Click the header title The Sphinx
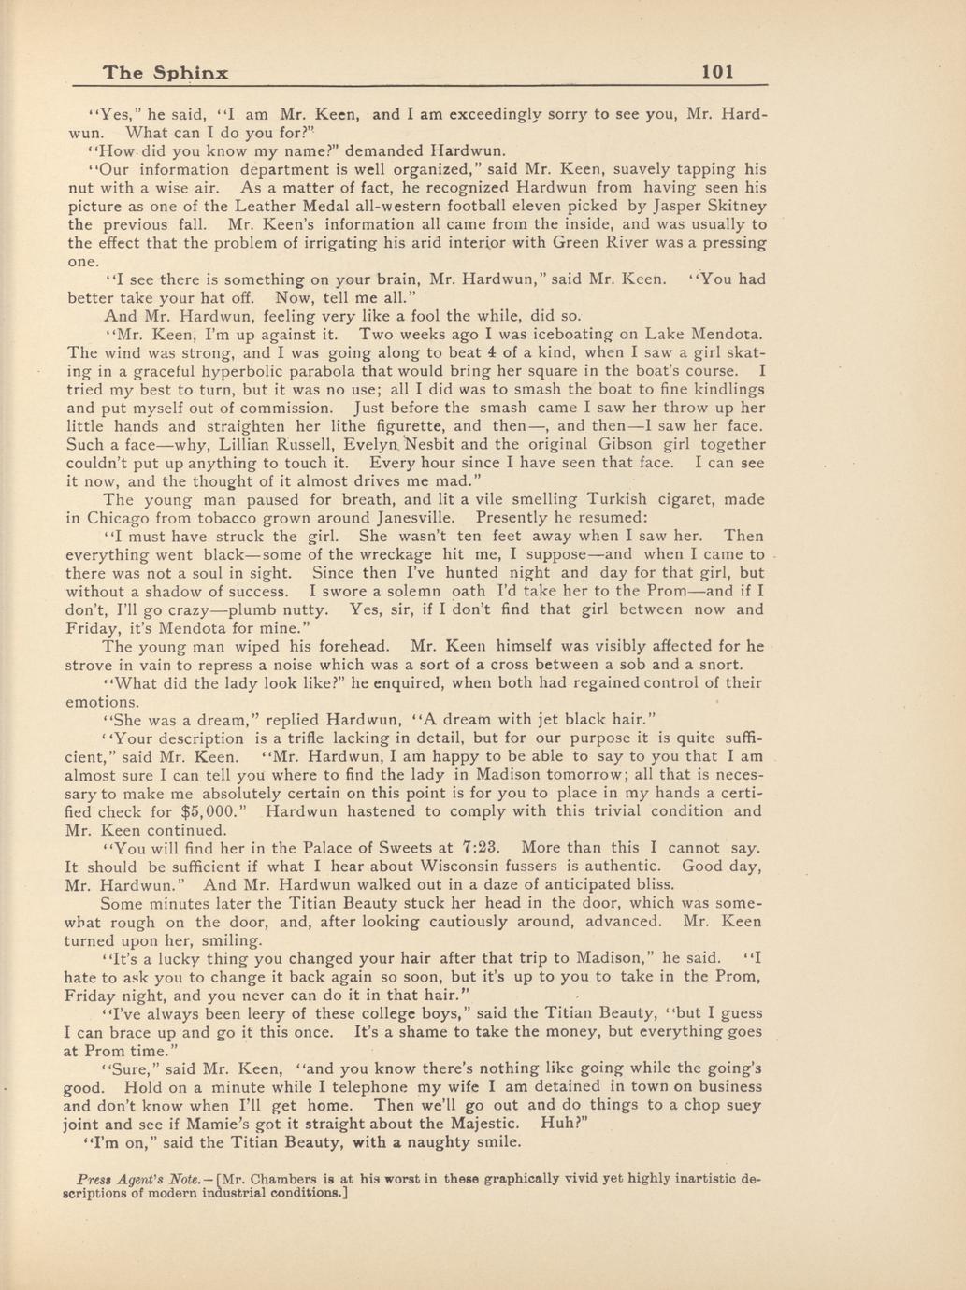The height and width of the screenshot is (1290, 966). [x=166, y=73]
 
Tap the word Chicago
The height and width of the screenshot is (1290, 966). [x=123, y=518]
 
